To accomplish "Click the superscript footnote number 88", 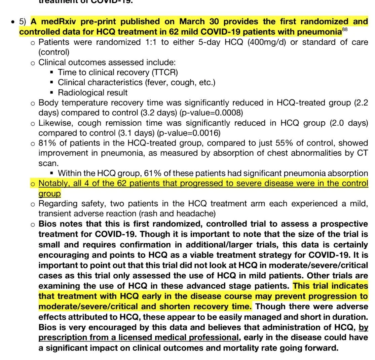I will click(x=345, y=30).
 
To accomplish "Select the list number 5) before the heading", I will click(x=23, y=22).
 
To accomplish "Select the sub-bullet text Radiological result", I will click(x=92, y=92).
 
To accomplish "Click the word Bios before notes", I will click(x=47, y=224).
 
